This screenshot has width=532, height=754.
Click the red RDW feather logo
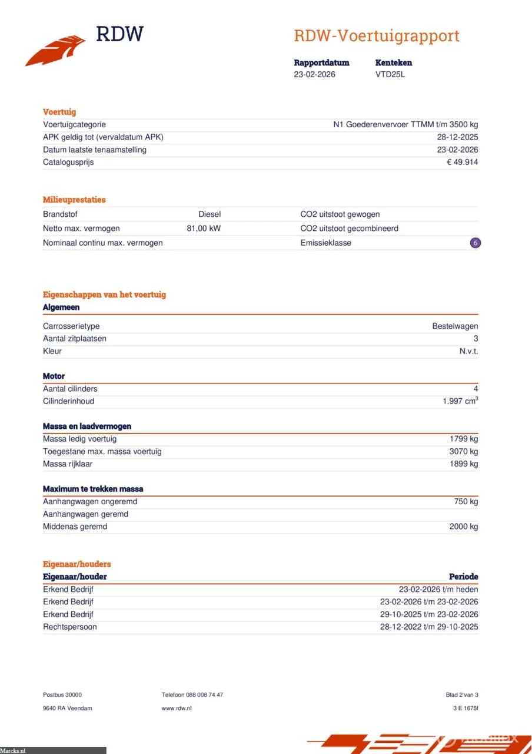click(56, 51)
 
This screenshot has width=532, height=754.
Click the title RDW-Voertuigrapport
click(376, 36)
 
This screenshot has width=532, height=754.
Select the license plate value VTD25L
click(390, 75)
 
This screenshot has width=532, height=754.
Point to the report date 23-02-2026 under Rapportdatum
click(314, 75)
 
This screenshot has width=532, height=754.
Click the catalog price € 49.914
click(462, 162)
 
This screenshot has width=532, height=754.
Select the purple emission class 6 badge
click(475, 243)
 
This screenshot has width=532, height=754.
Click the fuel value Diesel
click(210, 214)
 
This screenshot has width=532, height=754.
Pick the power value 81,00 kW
click(204, 229)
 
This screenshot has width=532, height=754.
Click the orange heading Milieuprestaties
click(74, 200)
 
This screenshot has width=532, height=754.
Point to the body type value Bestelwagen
click(455, 326)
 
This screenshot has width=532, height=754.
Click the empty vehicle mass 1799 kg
click(463, 439)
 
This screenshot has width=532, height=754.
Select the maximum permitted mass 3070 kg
click(463, 451)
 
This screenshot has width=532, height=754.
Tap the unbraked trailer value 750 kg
click(465, 502)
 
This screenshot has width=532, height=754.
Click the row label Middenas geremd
click(75, 527)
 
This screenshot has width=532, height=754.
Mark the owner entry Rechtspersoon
click(69, 627)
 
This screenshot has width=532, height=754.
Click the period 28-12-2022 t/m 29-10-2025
click(428, 627)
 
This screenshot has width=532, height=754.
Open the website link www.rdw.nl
click(177, 708)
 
